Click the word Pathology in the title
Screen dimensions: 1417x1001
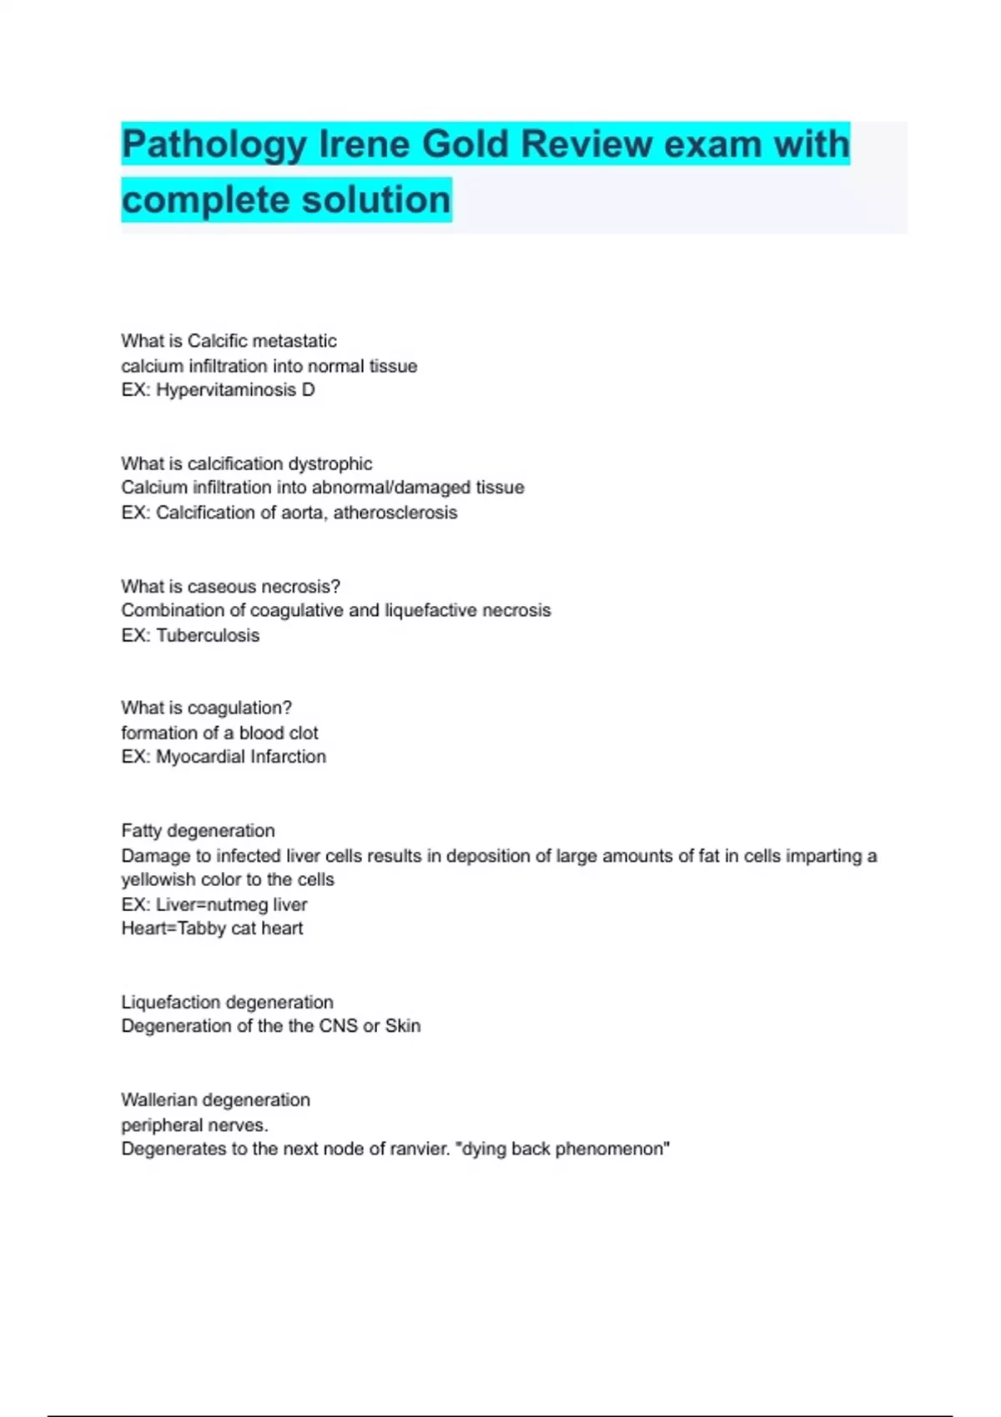(x=214, y=145)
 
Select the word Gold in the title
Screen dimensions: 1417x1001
(x=465, y=144)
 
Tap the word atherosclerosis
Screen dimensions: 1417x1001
(x=395, y=513)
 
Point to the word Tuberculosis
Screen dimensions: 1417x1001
(x=208, y=635)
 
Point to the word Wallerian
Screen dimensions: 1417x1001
(x=158, y=1100)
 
